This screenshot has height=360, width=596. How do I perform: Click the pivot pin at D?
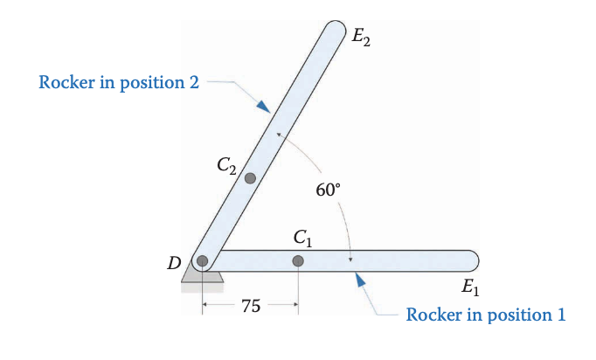[x=203, y=260]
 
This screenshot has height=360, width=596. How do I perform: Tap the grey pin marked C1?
[x=298, y=260]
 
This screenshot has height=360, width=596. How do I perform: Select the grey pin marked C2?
[x=250, y=178]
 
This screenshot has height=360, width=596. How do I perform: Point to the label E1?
[x=469, y=286]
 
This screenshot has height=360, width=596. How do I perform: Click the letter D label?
[x=174, y=261]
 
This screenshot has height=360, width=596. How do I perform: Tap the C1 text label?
[x=302, y=237]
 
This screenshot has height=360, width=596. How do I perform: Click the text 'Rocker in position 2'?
[x=120, y=83]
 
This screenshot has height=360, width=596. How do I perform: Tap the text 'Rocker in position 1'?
[x=485, y=315]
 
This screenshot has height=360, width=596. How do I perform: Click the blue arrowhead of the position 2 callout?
[x=263, y=105]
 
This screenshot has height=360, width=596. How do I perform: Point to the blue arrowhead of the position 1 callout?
[x=357, y=279]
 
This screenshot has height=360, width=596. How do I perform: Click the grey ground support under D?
[x=202, y=278]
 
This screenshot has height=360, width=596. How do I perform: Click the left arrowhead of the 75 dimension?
[x=206, y=305]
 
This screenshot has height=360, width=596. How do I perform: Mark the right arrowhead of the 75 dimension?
[x=295, y=305]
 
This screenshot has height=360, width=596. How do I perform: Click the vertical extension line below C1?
[x=298, y=288]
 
